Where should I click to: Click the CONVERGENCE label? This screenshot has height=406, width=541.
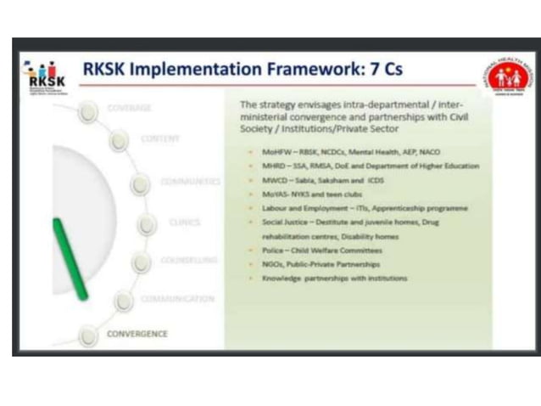coord(137,334)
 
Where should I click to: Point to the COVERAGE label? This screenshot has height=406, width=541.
coord(129,109)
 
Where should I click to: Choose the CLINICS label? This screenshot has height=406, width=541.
coord(184,223)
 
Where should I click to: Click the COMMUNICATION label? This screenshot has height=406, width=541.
coord(177,299)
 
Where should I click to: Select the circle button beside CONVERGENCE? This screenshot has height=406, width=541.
coord(88,336)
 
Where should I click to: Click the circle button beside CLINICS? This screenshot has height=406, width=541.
coord(148,224)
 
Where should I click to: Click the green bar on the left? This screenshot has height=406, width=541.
coord(70,258)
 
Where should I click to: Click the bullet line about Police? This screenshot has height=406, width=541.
coord(322,251)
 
